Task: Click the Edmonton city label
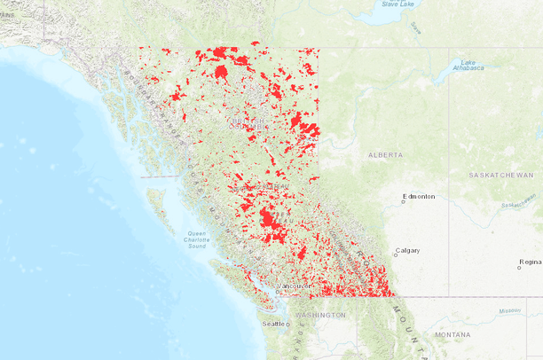[421, 196]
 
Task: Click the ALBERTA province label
[386, 154]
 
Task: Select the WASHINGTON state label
[320, 315]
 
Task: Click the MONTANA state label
[453, 334]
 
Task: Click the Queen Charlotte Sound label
[192, 239]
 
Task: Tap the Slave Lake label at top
[397, 4]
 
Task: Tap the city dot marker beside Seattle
[287, 325]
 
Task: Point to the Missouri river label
[509, 311]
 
